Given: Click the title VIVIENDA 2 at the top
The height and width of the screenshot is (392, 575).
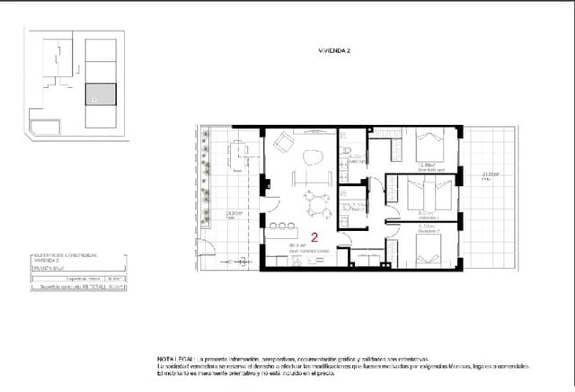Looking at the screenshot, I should (x=334, y=52).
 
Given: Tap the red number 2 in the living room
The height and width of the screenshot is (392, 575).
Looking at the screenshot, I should (x=314, y=238).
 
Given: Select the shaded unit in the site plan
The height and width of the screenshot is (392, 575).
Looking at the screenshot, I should (x=101, y=94).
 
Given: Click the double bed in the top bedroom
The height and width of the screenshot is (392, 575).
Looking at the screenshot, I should (x=429, y=147).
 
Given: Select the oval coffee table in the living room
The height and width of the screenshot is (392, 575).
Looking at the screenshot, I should (x=313, y=158).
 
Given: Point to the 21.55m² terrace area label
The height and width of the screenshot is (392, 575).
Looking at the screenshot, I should (x=490, y=174).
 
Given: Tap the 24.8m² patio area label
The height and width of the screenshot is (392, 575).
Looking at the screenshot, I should (x=230, y=214).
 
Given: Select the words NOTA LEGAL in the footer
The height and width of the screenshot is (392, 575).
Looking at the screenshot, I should (x=177, y=358).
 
